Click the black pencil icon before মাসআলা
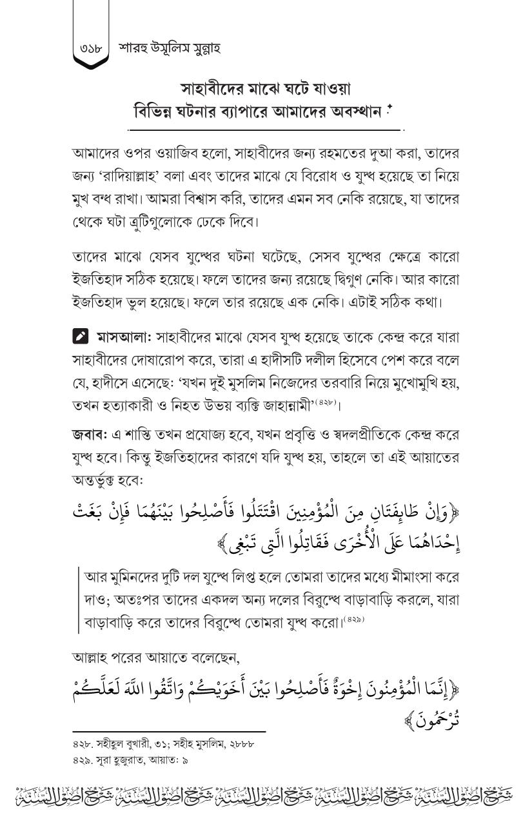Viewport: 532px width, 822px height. pos(80,337)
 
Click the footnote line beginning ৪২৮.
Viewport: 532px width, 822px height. pos(164,744)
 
